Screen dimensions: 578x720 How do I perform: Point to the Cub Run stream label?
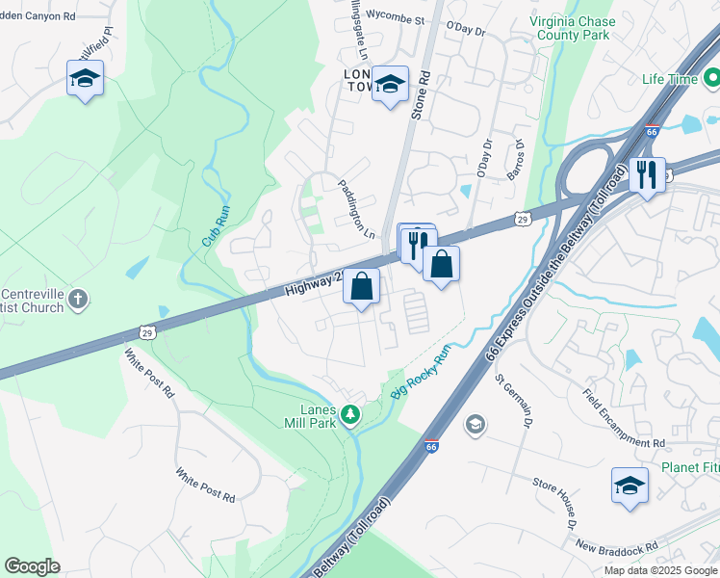point(216,220)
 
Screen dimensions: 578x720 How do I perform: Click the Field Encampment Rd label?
point(624,417)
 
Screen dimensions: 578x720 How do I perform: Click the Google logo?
point(32,566)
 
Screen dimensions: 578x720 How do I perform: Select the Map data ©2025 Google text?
point(659,569)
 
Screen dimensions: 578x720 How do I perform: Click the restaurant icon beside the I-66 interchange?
point(645,174)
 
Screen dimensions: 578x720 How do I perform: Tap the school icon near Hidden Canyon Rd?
point(85,77)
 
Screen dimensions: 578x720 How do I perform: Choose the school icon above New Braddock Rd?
point(630,485)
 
